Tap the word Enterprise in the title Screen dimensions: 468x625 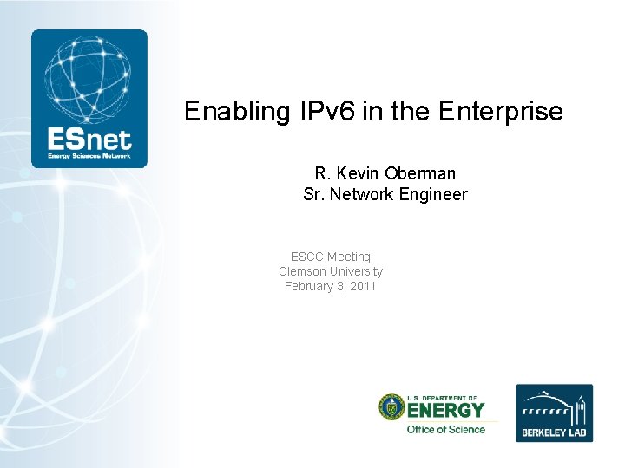click(501, 112)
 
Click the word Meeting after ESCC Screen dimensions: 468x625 click(349, 257)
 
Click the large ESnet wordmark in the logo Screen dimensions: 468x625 click(89, 139)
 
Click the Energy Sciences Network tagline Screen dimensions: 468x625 click(89, 156)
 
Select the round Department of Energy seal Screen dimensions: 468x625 click(391, 407)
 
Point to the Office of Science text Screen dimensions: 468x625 click(446, 429)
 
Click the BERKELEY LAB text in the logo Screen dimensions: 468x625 click(554, 431)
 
